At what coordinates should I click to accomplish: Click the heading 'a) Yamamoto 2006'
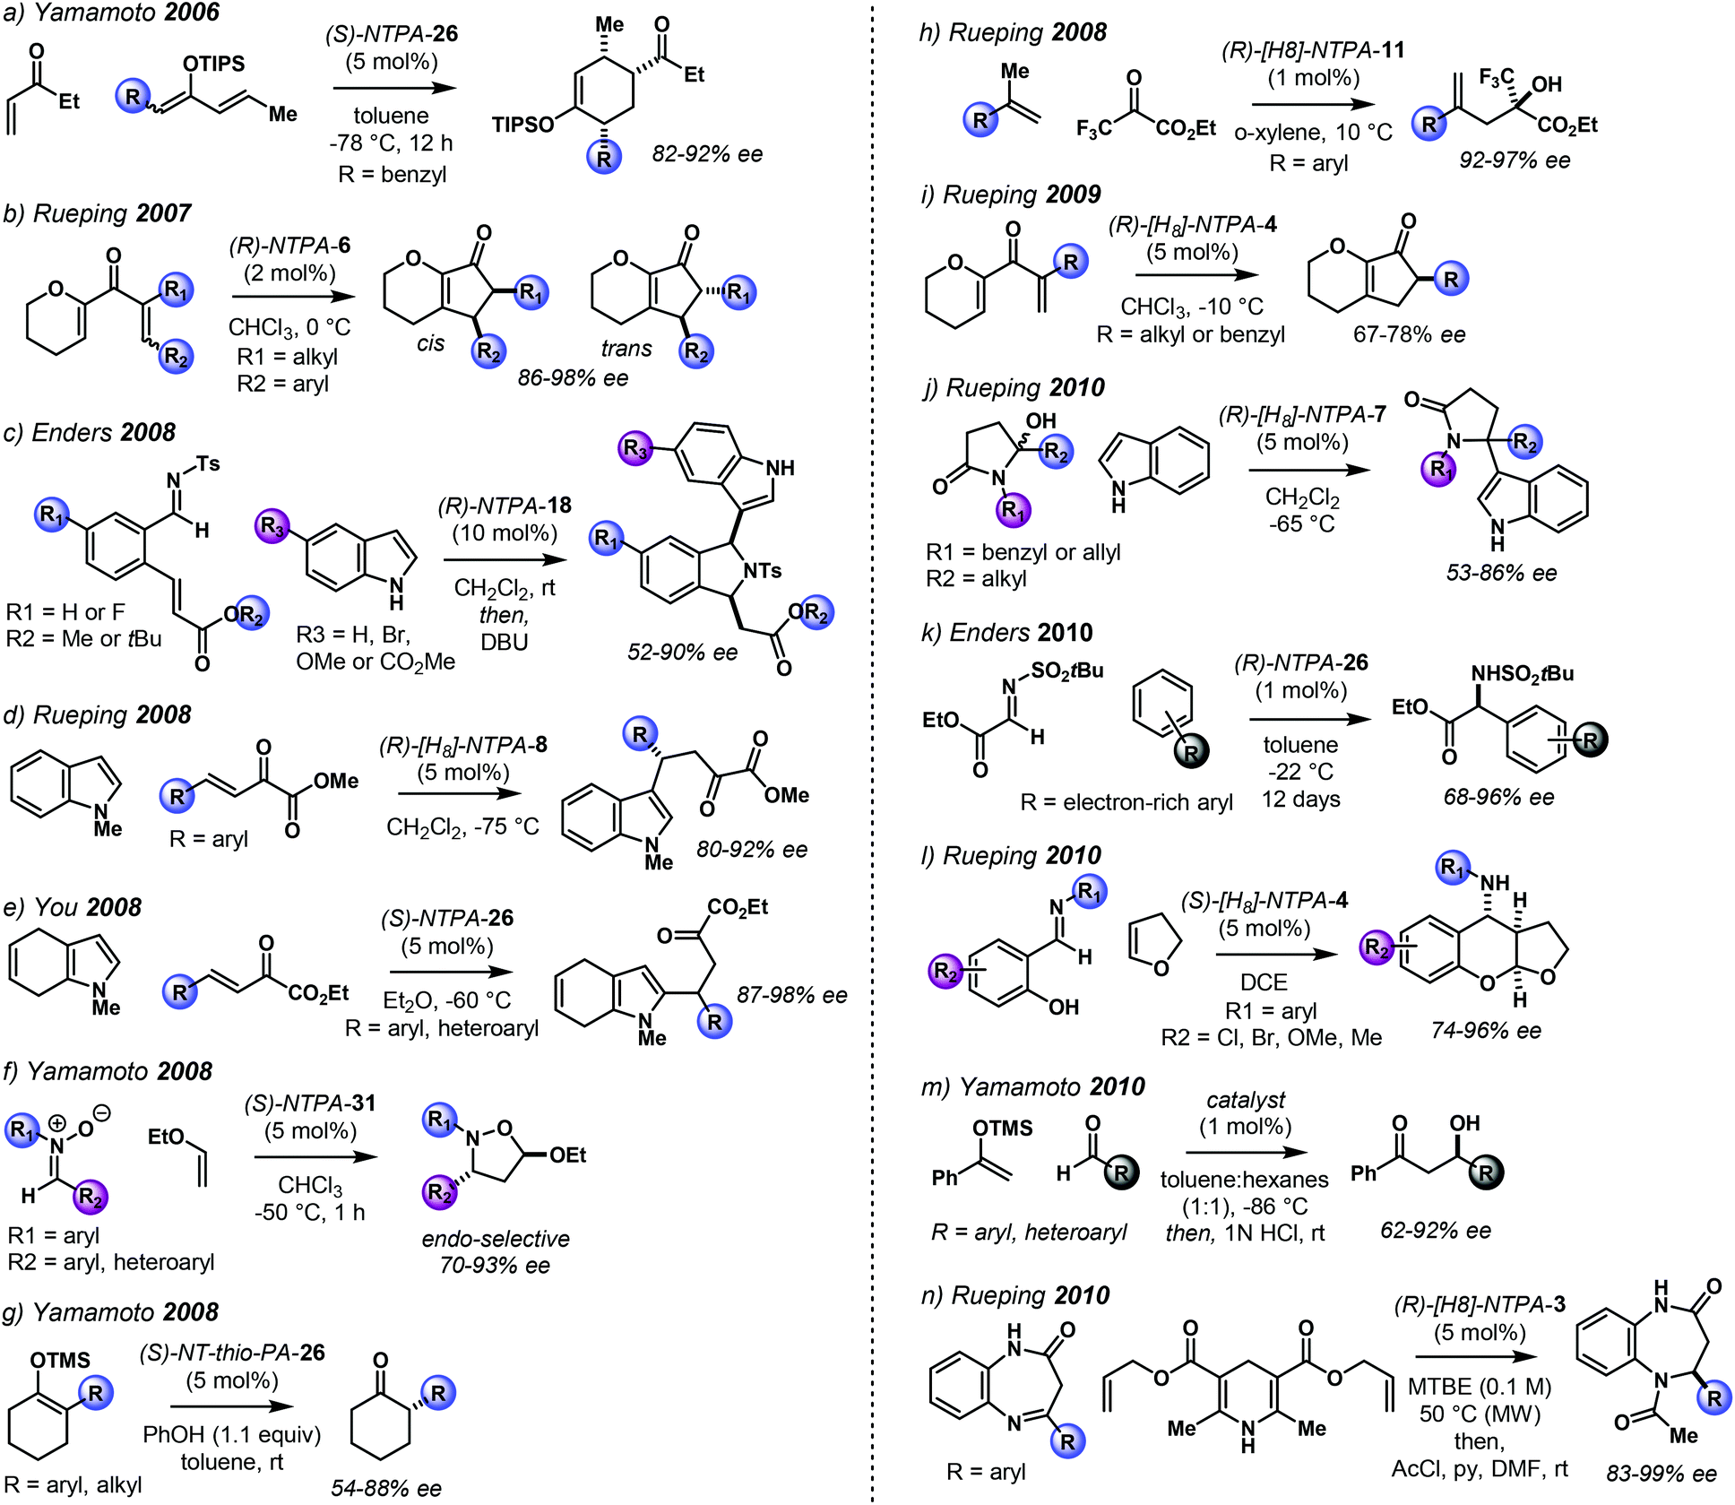point(112,13)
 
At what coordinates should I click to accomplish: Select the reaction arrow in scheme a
point(394,88)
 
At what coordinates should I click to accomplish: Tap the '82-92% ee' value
point(707,154)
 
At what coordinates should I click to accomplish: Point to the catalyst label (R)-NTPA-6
point(289,246)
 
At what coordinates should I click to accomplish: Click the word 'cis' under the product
point(430,343)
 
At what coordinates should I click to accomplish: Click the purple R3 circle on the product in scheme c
point(635,448)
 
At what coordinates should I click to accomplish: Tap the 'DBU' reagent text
point(505,642)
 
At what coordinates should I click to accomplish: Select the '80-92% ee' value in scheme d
point(752,849)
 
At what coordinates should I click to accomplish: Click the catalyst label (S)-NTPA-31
point(310,1103)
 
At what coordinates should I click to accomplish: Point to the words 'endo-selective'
point(496,1239)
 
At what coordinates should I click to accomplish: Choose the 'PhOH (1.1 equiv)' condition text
point(232,1434)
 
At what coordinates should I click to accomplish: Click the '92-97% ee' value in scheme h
point(1515,160)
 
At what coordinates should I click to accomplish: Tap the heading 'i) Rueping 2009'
point(1011,195)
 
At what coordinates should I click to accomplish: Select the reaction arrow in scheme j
point(1308,470)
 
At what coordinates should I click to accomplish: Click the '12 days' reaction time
point(1301,799)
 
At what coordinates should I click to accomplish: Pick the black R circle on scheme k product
point(1590,740)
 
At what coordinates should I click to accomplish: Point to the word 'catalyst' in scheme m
point(1246,1100)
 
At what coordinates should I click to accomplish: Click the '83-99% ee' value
point(1662,1474)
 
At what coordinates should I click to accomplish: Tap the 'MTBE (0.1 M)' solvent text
point(1480,1387)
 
